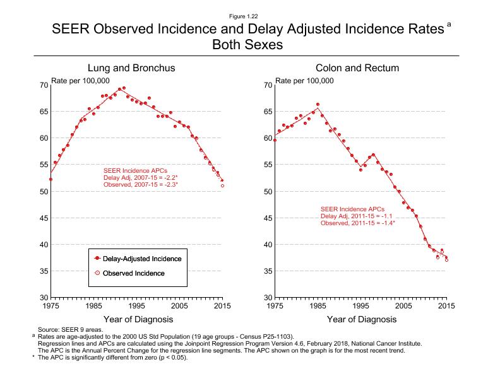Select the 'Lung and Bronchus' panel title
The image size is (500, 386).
pos(131,67)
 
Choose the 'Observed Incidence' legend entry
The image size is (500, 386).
pos(133,273)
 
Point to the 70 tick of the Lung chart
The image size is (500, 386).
pos(44,85)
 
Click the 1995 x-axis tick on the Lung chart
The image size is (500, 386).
pos(136,306)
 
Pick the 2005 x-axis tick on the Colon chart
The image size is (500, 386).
pos(404,306)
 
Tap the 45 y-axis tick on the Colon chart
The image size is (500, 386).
pos(268,218)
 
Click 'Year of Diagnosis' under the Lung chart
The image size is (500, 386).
pos(136,319)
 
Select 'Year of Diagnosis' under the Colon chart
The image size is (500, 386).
pos(361,319)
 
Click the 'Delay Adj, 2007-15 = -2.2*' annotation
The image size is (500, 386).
pos(140,177)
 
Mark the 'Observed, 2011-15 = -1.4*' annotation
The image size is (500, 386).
pos(358,223)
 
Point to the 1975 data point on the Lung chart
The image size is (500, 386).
pos(51,179)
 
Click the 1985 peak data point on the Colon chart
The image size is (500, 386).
pos(318,104)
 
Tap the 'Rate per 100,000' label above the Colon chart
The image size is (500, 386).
pos(305,80)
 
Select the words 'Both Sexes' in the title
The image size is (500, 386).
pos(249,45)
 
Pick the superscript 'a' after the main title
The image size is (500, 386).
pos(449,24)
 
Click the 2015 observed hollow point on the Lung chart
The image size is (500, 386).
pos(222,185)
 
